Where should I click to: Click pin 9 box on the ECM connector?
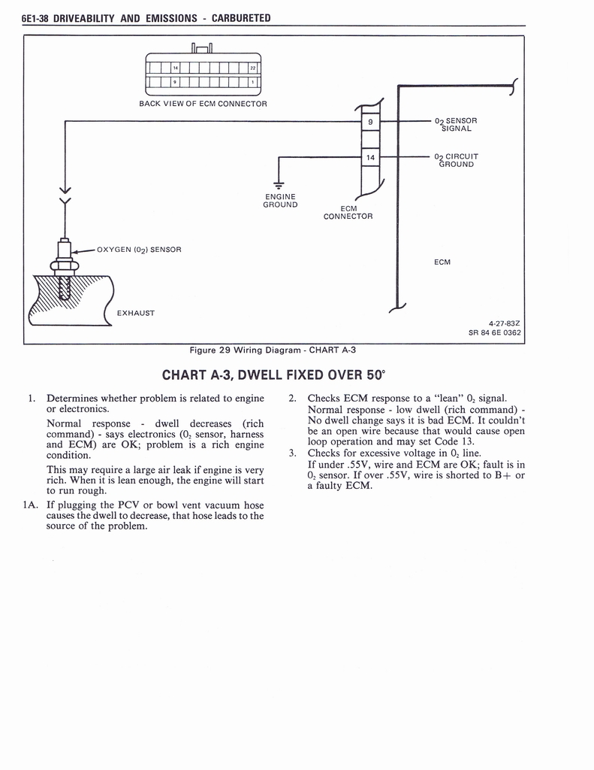tap(371, 121)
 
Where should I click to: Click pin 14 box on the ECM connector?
tap(371, 157)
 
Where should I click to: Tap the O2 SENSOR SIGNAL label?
tap(456, 124)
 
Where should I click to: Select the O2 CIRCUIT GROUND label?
tap(456, 160)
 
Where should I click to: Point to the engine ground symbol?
tap(279, 185)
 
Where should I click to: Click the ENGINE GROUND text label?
tap(280, 201)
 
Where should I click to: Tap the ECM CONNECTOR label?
tap(348, 213)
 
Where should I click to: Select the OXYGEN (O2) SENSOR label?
tap(139, 249)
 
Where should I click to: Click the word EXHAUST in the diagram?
tap(135, 313)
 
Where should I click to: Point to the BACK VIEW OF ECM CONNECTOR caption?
tap(203, 104)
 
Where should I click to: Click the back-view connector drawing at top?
tap(203, 74)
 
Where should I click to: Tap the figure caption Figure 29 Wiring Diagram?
tap(272, 350)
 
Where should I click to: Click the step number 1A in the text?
tap(30, 505)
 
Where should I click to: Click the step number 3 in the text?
tap(292, 453)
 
